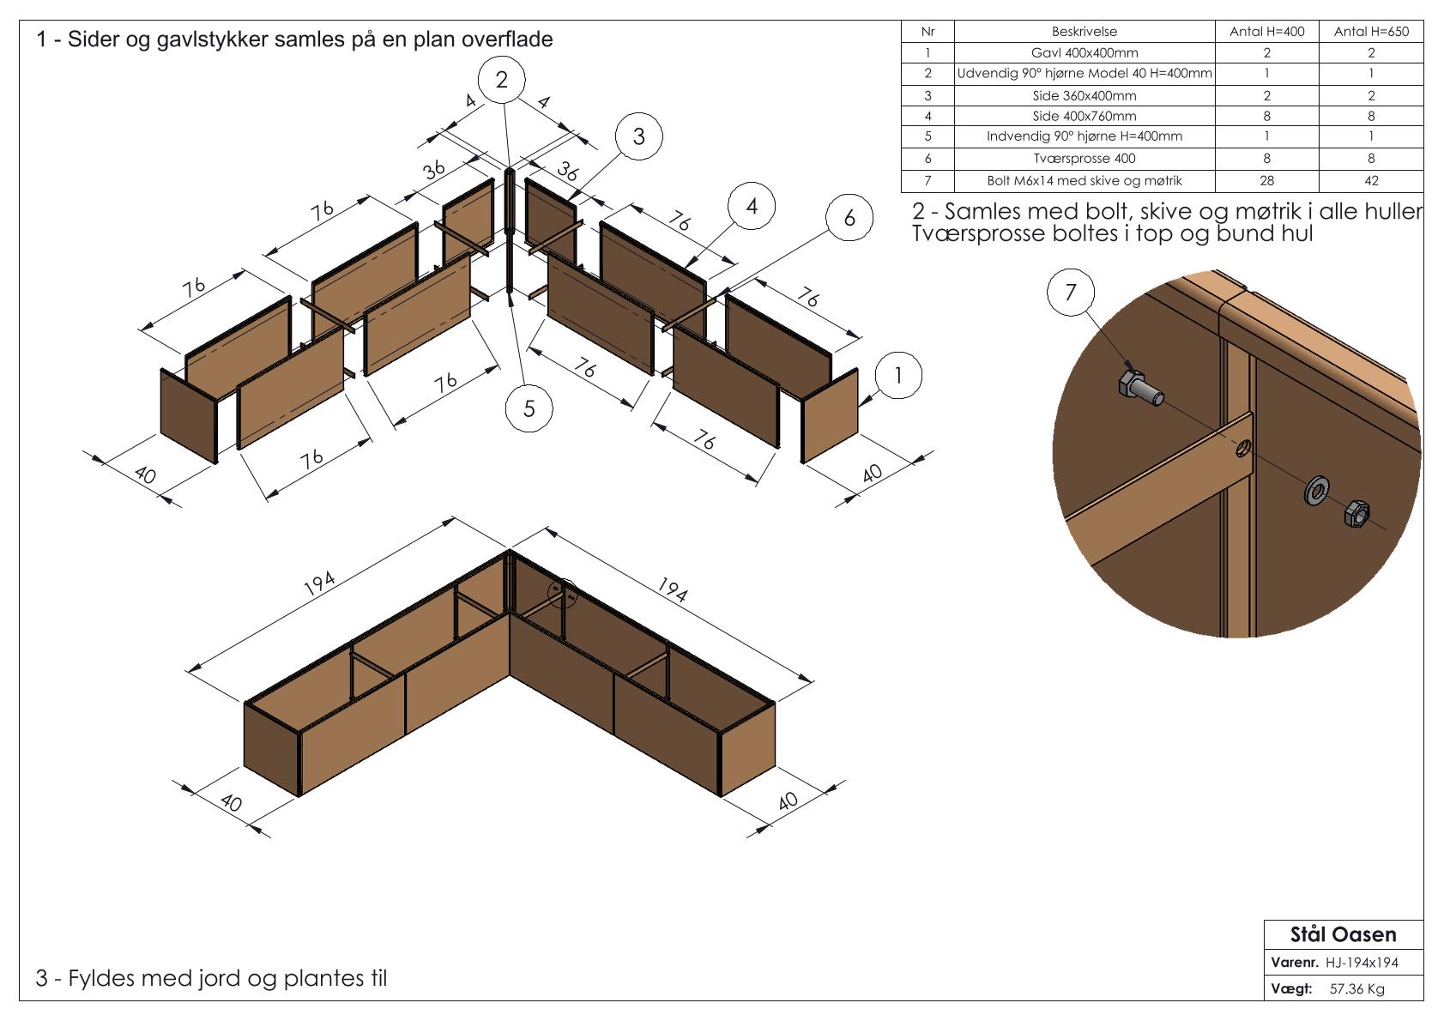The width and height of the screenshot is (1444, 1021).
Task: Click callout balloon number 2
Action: (501, 80)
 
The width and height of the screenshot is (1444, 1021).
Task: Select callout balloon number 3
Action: (638, 136)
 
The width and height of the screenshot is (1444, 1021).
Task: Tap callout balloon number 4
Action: (752, 206)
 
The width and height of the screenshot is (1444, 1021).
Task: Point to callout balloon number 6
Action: (849, 217)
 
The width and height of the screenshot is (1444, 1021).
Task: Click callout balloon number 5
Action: (529, 408)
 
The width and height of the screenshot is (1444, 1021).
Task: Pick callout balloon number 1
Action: (898, 376)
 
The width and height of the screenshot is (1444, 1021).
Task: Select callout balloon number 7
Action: (1070, 293)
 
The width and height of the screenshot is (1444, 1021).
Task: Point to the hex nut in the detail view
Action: (1356, 513)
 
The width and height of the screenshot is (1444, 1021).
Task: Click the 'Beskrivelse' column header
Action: (1085, 32)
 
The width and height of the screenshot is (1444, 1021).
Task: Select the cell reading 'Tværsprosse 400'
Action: (1085, 159)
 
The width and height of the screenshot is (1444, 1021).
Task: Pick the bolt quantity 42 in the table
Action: (1370, 181)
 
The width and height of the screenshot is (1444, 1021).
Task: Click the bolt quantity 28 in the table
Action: (1266, 181)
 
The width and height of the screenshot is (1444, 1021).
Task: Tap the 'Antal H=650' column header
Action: (1370, 32)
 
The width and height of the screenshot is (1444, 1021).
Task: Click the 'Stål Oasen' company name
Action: (1343, 934)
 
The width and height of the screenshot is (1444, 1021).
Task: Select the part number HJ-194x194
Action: (1362, 963)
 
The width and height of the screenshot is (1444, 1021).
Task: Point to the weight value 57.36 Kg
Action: (1356, 989)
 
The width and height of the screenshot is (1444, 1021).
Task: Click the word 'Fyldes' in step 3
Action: (100, 978)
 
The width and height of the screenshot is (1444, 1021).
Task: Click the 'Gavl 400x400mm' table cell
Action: (1085, 53)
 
